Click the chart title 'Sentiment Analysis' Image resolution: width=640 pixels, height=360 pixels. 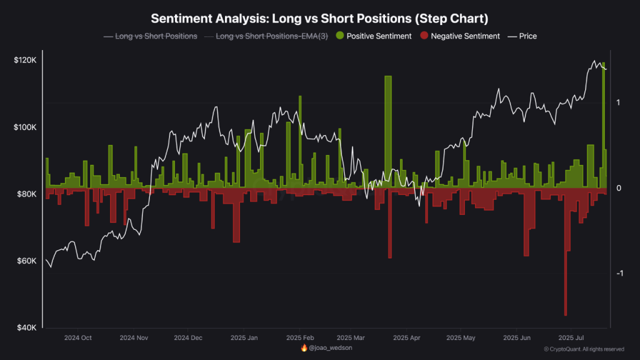tap(320, 17)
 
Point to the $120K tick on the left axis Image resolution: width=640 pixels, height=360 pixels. tap(25, 60)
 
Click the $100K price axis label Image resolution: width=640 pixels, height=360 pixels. tap(25, 127)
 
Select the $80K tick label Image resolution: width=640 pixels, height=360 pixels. tap(26, 194)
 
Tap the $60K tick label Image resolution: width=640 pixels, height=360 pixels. tap(26, 261)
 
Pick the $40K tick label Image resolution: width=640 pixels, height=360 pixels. tap(26, 327)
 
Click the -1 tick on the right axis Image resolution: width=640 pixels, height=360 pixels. tap(619, 274)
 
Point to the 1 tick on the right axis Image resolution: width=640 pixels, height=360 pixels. tap(618, 102)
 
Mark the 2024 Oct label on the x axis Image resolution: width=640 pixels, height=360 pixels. tap(78, 337)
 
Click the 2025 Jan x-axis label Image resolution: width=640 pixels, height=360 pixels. tap(244, 337)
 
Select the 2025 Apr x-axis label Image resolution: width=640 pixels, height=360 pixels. tap(407, 337)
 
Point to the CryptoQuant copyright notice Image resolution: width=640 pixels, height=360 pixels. tap(584, 349)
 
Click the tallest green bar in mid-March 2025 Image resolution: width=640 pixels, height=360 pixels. tap(388, 131)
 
